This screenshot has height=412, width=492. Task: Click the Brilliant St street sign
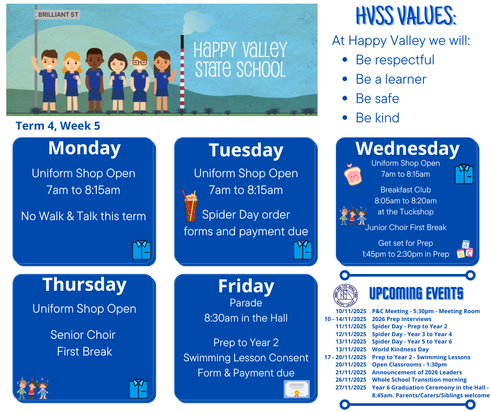click(x=58, y=15)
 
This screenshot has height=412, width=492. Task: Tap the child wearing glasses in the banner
click(x=140, y=82)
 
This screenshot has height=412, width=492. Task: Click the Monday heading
click(x=84, y=148)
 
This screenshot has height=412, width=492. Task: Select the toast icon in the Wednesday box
click(x=353, y=174)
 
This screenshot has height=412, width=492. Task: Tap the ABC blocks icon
click(x=465, y=249)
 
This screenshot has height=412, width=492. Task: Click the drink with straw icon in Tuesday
click(x=191, y=206)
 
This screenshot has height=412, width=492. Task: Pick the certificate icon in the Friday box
click(x=297, y=389)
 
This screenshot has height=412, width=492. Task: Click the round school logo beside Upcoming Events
click(x=345, y=295)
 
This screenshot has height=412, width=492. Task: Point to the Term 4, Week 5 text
click(x=58, y=125)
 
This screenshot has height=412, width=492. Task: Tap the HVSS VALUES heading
click(x=406, y=16)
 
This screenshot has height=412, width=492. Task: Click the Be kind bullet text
click(x=377, y=118)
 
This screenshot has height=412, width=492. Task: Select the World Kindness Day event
click(x=400, y=349)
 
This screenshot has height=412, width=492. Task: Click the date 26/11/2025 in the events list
click(x=351, y=380)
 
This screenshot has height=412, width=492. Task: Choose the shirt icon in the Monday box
click(x=141, y=250)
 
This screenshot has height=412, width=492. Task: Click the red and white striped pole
click(x=182, y=72)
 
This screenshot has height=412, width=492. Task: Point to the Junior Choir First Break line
click(x=406, y=227)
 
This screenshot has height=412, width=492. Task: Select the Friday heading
click(x=247, y=287)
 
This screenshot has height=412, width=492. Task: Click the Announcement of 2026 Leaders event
click(x=417, y=372)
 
